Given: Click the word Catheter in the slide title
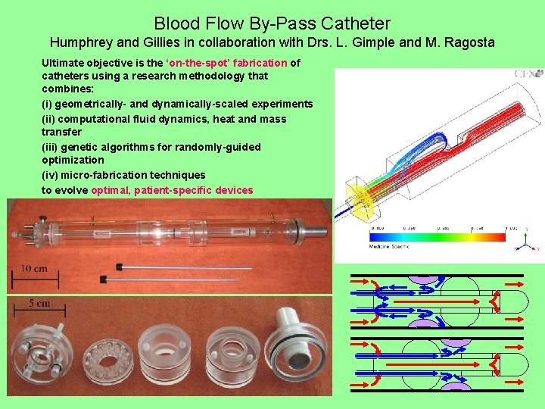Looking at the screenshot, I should pyautogui.click(x=357, y=24).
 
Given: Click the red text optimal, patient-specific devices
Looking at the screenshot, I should pyautogui.click(x=172, y=190).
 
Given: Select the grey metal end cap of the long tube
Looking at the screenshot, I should pyautogui.click(x=313, y=226).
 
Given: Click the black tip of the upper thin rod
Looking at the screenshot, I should pyautogui.click(x=119, y=266).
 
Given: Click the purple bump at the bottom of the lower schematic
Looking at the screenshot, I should pyautogui.click(x=455, y=387).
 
